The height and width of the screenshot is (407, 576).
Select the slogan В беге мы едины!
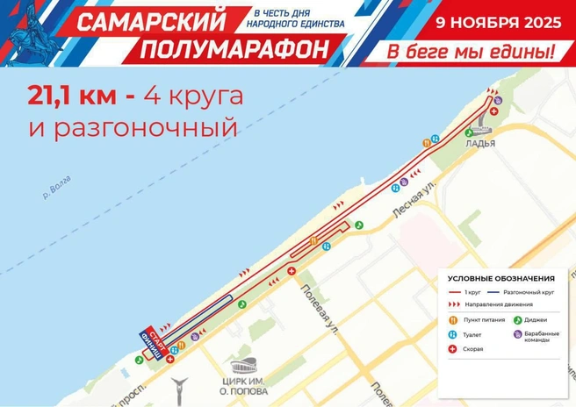click(x=472, y=52)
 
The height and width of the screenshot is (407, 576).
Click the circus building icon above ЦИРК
click(x=243, y=368)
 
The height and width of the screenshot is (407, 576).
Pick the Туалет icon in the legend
click(x=453, y=333)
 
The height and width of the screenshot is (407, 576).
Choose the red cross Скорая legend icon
click(x=453, y=348)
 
